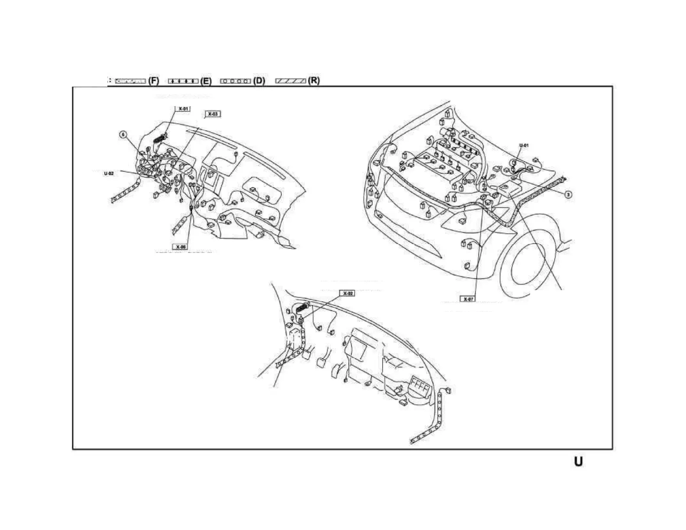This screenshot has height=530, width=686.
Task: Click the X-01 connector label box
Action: [x=183, y=109]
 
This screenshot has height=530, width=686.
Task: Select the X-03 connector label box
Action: [x=213, y=114]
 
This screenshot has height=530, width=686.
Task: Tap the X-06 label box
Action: [x=181, y=247]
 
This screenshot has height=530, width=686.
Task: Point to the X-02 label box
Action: [x=348, y=293]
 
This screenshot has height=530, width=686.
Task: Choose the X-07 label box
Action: [x=468, y=299]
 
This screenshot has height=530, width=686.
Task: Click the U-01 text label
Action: [x=524, y=145]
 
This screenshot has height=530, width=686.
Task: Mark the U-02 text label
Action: [x=109, y=174]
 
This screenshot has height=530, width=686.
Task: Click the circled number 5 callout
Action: [x=123, y=135]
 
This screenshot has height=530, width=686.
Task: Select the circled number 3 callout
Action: [x=568, y=194]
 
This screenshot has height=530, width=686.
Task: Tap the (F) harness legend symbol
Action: [x=130, y=81]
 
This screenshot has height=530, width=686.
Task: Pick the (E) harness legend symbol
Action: [x=183, y=81]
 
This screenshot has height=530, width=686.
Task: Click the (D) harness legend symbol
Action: [x=236, y=81]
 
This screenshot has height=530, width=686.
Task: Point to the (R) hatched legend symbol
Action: [x=291, y=81]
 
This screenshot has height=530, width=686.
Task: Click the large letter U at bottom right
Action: [x=578, y=462]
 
